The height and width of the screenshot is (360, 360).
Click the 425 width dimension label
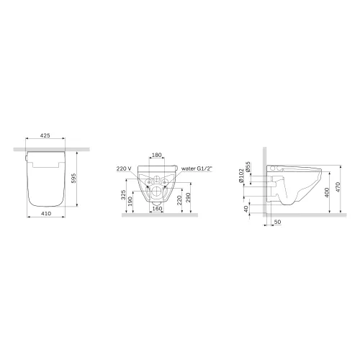45,135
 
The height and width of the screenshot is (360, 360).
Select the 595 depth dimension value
73,179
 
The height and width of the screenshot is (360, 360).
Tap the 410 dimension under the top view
46,213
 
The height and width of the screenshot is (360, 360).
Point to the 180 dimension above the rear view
157,155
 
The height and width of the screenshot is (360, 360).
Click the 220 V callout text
124,168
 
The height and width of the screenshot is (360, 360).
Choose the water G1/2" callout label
197,168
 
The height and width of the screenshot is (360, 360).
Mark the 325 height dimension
123,195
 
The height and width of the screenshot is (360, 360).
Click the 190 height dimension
130,202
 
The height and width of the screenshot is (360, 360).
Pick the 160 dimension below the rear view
157,209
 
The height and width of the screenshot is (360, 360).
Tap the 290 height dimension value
188,197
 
